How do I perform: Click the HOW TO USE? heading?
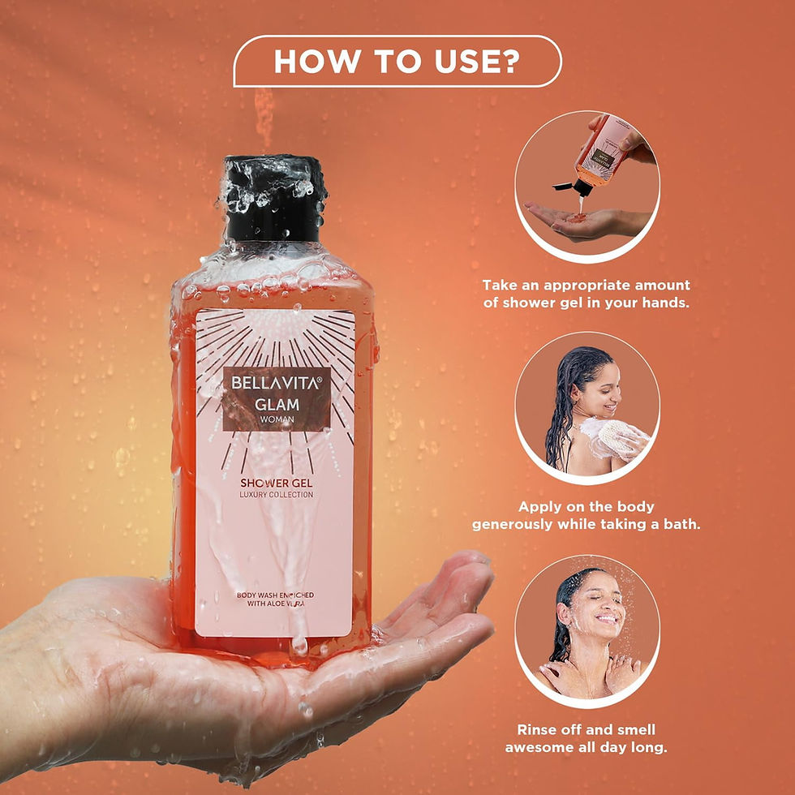[x=397, y=62]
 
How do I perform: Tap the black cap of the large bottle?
[x=275, y=199]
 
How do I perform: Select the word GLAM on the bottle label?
[x=277, y=403]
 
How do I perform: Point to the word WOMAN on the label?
[x=277, y=419]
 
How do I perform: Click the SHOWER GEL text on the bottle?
[x=276, y=481]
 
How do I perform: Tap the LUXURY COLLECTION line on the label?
[x=276, y=495]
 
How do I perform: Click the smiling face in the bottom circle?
[x=598, y=604]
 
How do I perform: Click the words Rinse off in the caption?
[x=552, y=730]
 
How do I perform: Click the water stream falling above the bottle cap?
[x=264, y=118]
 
